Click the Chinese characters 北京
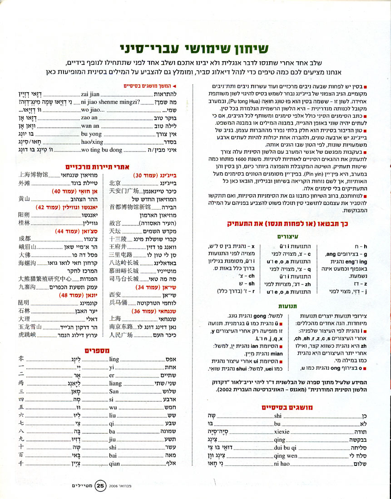[115, 183]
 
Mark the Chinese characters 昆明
[24, 302]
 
